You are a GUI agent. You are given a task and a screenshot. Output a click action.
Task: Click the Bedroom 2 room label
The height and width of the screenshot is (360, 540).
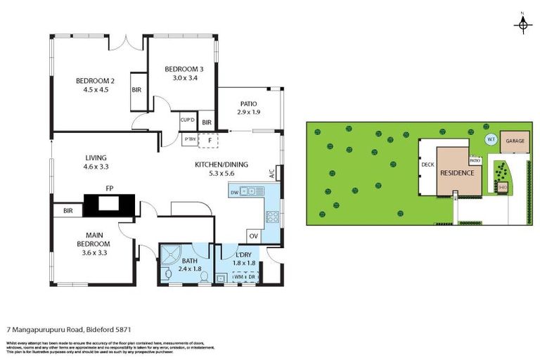[95, 85]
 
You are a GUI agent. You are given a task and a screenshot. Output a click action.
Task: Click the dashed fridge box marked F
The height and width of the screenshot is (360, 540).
[210, 141]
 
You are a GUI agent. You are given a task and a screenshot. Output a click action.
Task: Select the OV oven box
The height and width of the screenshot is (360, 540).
[254, 236]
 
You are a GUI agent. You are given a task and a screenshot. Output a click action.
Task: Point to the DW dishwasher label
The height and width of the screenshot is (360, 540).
[233, 191]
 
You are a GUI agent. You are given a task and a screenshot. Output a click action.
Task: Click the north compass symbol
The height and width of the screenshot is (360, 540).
[522, 25]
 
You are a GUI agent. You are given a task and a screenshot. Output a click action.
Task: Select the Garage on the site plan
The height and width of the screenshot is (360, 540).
[515, 141]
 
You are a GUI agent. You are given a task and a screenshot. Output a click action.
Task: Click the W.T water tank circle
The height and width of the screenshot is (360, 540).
[491, 140]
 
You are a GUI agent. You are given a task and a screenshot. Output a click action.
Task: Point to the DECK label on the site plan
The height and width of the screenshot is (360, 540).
[427, 165]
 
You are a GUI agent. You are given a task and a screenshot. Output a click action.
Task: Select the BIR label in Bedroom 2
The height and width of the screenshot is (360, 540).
[136, 89]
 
